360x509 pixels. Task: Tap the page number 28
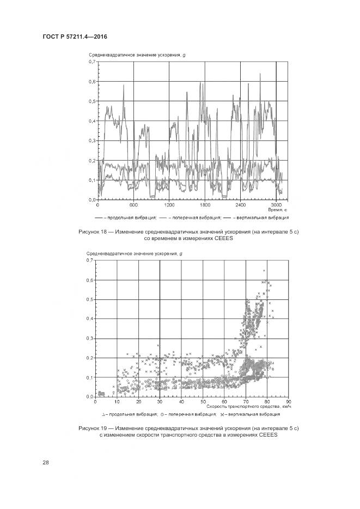pyautogui.click(x=46, y=463)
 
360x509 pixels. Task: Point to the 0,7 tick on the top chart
pyautogui.click(x=91, y=62)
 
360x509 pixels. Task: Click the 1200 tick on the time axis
pyautogui.click(x=169, y=205)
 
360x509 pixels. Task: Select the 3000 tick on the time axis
pyautogui.click(x=277, y=205)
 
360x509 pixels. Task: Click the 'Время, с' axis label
pyautogui.click(x=277, y=210)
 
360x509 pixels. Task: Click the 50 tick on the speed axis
pyautogui.click(x=203, y=402)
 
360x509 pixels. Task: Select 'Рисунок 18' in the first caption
pyautogui.click(x=94, y=232)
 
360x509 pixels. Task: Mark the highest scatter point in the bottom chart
pyautogui.click(x=264, y=271)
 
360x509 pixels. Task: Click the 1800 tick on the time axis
pyautogui.click(x=205, y=205)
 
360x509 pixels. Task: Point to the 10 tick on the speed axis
pyautogui.click(x=117, y=402)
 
